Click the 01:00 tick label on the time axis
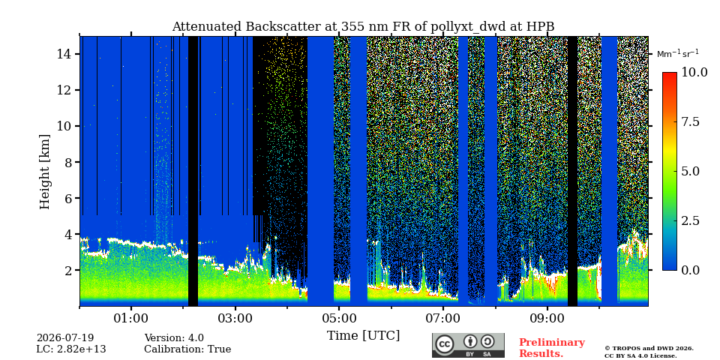131,318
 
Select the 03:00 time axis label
235,318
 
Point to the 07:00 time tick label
443,318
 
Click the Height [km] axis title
44,172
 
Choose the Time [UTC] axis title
363,336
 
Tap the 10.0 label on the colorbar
694,73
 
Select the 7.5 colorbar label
690,121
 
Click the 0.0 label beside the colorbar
690,270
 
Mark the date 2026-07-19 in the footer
65,338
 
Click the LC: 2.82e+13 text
71,349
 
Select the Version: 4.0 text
174,338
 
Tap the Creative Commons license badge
468,345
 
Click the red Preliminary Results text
552,348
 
